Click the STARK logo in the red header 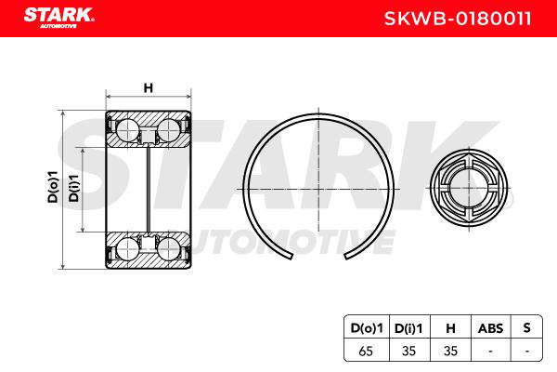click(x=58, y=18)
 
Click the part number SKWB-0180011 click(x=458, y=19)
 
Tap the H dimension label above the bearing click(x=149, y=87)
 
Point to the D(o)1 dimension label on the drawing click(x=53, y=187)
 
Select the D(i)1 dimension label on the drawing click(x=73, y=188)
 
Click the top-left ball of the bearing click(x=127, y=130)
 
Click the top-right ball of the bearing click(x=168, y=130)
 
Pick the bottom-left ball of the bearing click(x=127, y=248)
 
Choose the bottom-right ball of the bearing click(x=168, y=248)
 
